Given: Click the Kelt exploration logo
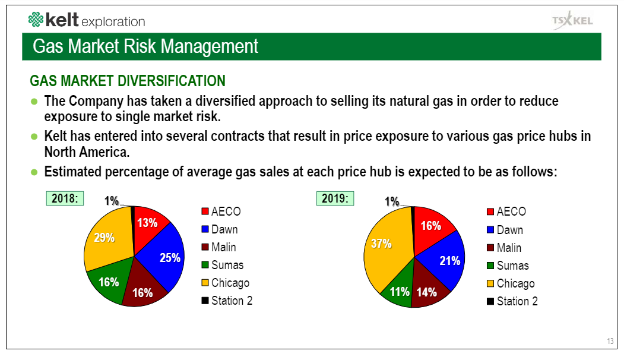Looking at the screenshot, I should click(87, 21).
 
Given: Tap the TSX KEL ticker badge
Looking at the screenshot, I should click(572, 21).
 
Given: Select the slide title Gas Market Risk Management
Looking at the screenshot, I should click(145, 46).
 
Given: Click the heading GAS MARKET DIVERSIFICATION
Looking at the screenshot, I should click(127, 81).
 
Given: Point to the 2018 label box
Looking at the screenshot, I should click(65, 198).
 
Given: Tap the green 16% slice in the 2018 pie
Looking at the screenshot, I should click(107, 282).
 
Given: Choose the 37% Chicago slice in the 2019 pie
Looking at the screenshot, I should click(383, 244).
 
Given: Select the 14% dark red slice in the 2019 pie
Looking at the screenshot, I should click(427, 291).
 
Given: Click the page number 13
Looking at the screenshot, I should click(610, 341).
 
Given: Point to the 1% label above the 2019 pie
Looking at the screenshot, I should click(392, 202).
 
